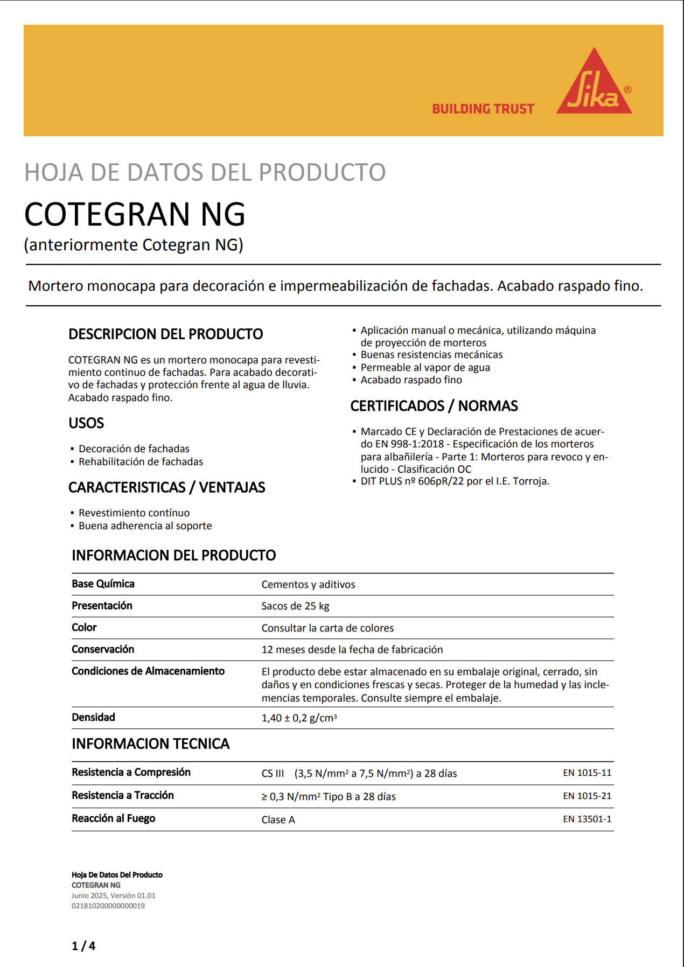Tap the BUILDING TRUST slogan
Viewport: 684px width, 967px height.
483,109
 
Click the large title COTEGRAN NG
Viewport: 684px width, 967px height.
135,214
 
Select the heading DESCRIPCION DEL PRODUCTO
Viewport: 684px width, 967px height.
165,334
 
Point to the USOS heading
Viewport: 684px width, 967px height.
86,423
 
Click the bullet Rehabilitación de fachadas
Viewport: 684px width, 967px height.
141,462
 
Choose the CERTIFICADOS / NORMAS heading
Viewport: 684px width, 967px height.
434,406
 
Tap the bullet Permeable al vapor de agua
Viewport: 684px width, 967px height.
425,368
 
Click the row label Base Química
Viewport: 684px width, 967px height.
103,584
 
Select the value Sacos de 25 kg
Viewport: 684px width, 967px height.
295,606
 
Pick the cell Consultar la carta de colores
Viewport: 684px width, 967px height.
327,628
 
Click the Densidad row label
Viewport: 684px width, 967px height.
93,718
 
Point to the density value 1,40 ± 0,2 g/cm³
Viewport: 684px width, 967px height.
299,718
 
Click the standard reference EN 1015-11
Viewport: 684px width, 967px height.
587,773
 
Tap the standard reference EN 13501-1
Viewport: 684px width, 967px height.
587,819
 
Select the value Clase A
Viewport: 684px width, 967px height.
278,820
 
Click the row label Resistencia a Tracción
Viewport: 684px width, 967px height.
123,796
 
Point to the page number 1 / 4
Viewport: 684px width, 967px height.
83,946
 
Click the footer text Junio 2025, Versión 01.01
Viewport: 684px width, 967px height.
113,896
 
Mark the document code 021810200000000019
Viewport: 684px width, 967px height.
108,906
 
